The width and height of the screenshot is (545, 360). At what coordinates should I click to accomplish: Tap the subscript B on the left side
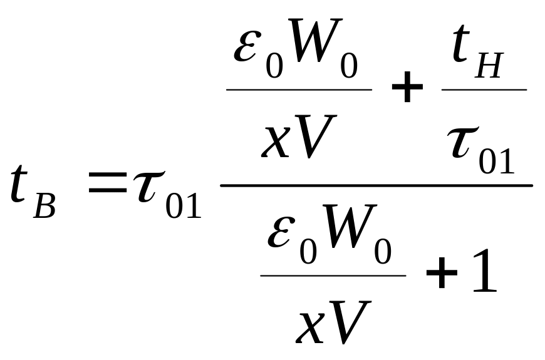click(44, 206)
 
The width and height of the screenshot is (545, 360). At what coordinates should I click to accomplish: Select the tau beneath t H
click(466, 143)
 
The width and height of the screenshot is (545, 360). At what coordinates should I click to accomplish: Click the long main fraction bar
click(376, 185)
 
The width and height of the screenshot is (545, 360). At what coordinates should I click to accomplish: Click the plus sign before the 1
click(442, 274)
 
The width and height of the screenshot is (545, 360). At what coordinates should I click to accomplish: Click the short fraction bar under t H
click(484, 90)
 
